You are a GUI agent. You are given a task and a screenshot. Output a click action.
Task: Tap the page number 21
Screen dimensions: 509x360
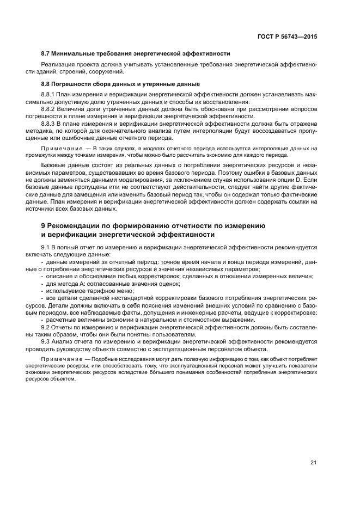pos(313,463)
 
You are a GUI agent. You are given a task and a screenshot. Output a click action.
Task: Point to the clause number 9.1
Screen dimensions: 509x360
pos(45,247)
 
